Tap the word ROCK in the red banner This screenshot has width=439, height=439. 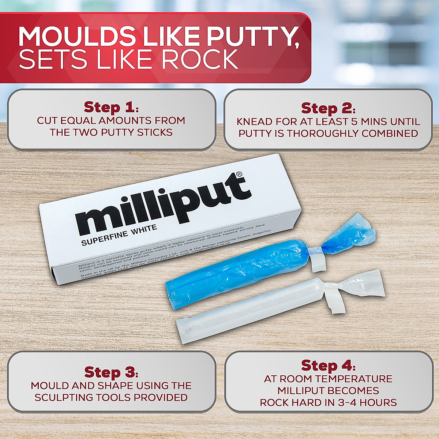click(200, 59)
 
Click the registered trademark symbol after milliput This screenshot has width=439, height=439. click(239, 175)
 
